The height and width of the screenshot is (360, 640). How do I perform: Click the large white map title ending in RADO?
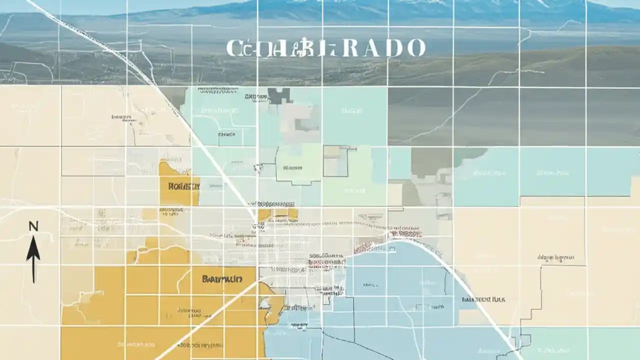[x=325, y=48]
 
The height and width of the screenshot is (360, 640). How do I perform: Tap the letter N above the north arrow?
[x=33, y=226]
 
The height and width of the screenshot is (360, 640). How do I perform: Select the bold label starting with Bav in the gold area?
[x=222, y=278]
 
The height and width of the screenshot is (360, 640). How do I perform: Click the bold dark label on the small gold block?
[x=184, y=186]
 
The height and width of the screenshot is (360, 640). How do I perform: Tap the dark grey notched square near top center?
[x=279, y=95]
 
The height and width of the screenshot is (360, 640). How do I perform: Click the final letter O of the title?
[x=415, y=48]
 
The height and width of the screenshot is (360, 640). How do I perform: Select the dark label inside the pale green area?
[x=292, y=168]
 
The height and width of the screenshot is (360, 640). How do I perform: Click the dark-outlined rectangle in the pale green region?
[x=335, y=161]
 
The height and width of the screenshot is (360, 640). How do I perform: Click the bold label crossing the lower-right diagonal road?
[x=483, y=299]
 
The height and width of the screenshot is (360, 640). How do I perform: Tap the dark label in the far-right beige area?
[x=555, y=258]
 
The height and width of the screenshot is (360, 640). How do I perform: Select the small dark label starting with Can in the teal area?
[x=227, y=134]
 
